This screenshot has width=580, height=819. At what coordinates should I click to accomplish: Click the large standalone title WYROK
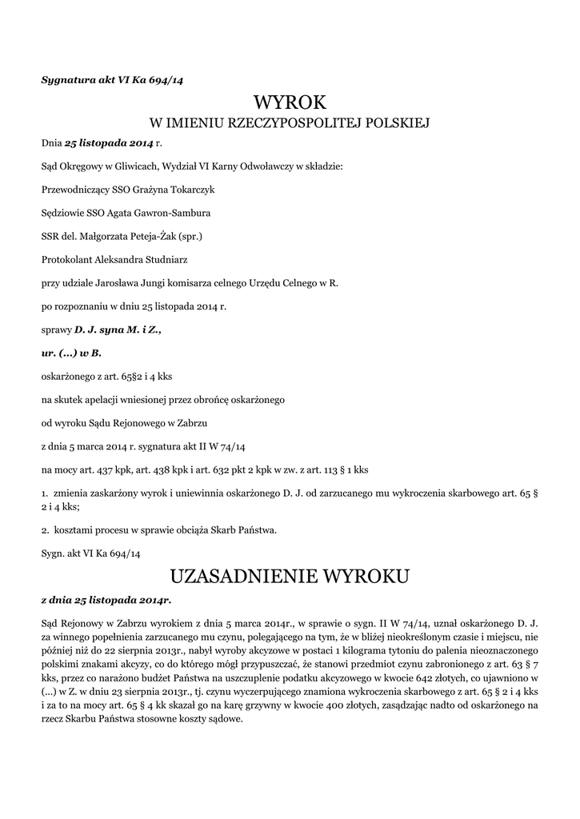[x=290, y=102]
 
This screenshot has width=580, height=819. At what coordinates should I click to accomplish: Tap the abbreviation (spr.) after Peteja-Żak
[x=190, y=236]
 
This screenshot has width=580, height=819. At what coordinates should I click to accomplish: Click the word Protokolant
[x=66, y=259]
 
